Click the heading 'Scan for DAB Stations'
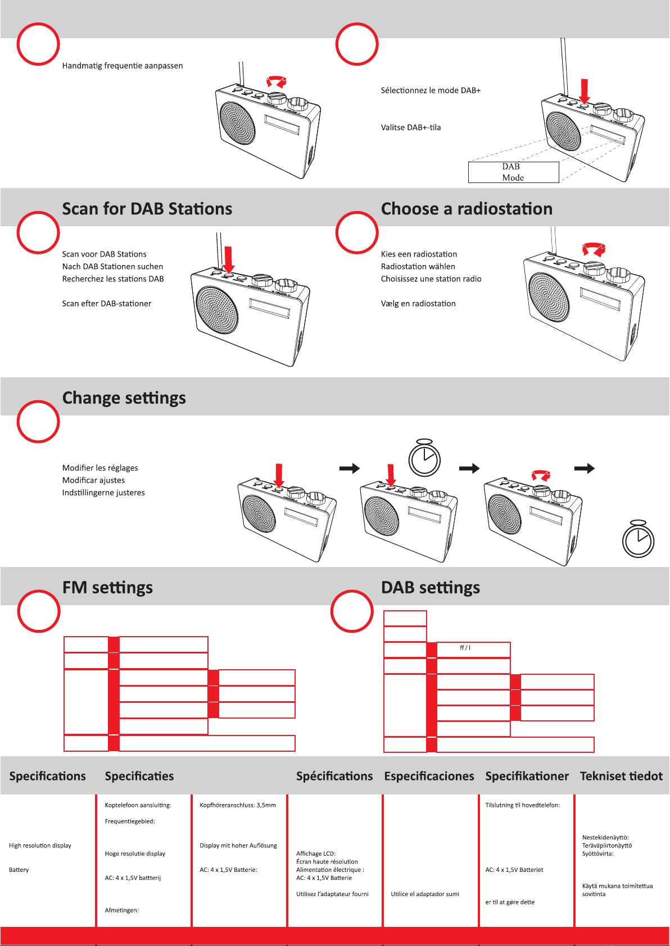[x=147, y=209]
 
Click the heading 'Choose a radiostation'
[x=467, y=209]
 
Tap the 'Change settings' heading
[x=124, y=398]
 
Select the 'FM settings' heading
[x=107, y=588]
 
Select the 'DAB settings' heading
[x=431, y=588]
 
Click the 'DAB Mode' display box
[x=513, y=172]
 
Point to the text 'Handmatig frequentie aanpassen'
[x=123, y=66]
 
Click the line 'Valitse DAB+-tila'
[x=411, y=127]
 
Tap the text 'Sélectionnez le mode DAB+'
[x=431, y=90]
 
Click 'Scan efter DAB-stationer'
[x=107, y=304]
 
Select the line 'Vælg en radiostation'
[x=418, y=304]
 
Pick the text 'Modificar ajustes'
[x=93, y=480]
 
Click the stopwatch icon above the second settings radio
[x=424, y=458]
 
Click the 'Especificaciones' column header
[x=429, y=776]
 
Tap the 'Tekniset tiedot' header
[x=621, y=776]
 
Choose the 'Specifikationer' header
[x=527, y=776]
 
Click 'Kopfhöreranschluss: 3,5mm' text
[x=238, y=806]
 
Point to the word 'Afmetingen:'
[x=122, y=910]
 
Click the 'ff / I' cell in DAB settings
[x=465, y=648]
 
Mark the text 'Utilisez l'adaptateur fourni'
[x=332, y=894]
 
